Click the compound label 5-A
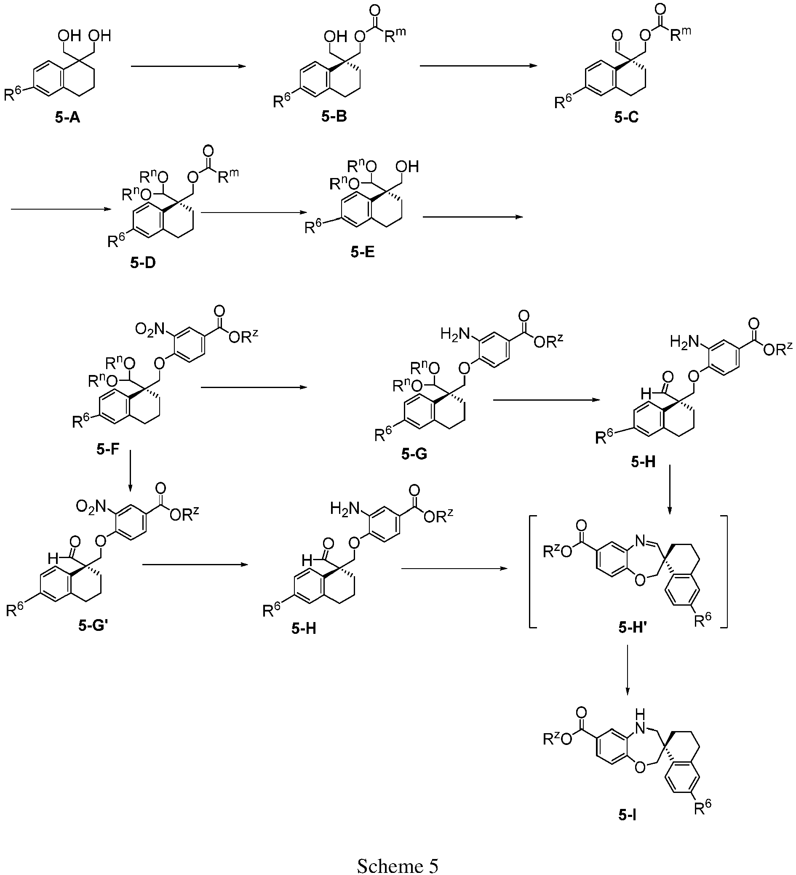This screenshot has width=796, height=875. (x=68, y=117)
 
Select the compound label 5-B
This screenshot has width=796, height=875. (x=334, y=116)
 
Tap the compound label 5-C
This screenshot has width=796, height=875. (x=627, y=117)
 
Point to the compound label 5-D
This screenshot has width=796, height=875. (x=143, y=263)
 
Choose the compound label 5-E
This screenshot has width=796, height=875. (x=362, y=252)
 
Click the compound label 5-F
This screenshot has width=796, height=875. (x=108, y=449)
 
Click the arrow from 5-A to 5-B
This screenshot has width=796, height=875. (x=188, y=66)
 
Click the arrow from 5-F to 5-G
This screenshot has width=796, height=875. (x=252, y=388)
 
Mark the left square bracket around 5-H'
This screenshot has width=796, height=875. (x=531, y=571)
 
